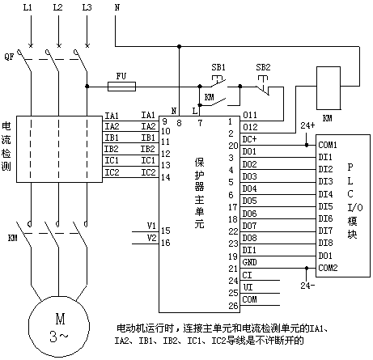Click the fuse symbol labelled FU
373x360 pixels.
pyautogui.click(x=121, y=87)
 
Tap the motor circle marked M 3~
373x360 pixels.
pyautogui.click(x=59, y=327)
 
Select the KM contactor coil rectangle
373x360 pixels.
pyautogui.click(x=328, y=88)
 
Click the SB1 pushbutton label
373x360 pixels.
pyautogui.click(x=218, y=67)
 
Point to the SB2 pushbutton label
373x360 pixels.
pyautogui.click(x=263, y=67)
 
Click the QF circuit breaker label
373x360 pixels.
pyautogui.click(x=9, y=57)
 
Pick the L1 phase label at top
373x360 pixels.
pyautogui.click(x=28, y=7)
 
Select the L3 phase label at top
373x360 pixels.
pyautogui.click(x=87, y=7)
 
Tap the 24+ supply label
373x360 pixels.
pyautogui.click(x=307, y=125)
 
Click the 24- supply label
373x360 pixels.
pyautogui.click(x=307, y=286)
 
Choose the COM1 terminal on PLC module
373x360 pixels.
pyautogui.click(x=328, y=145)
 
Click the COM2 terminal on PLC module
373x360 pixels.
pyautogui.click(x=328, y=268)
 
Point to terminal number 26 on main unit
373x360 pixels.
pyautogui.click(x=234, y=306)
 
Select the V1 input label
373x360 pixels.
pyautogui.click(x=151, y=226)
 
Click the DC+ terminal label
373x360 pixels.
pyautogui.click(x=249, y=139)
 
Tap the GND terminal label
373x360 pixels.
pyautogui.click(x=249, y=262)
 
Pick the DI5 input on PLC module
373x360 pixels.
pyautogui.click(x=325, y=206)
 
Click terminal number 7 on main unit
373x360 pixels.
pyautogui.click(x=200, y=123)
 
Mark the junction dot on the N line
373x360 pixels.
pyautogui.click(x=179, y=46)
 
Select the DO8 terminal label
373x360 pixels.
pyautogui.click(x=249, y=238)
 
